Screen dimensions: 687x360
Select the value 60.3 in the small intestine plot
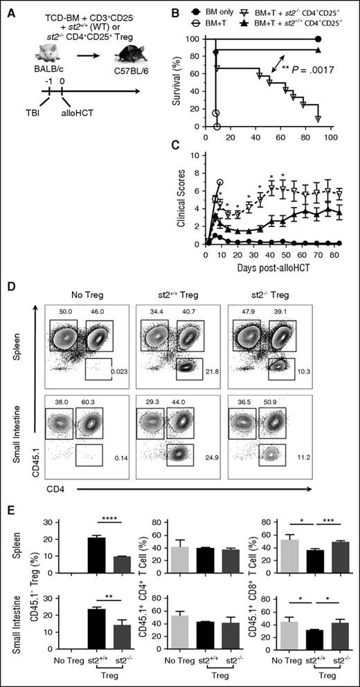coord(95,402)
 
